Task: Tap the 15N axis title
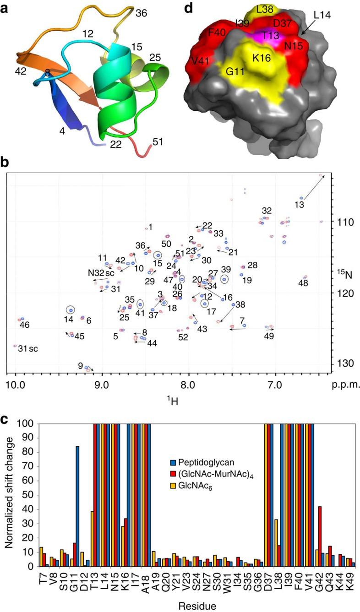[x=349, y=275]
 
